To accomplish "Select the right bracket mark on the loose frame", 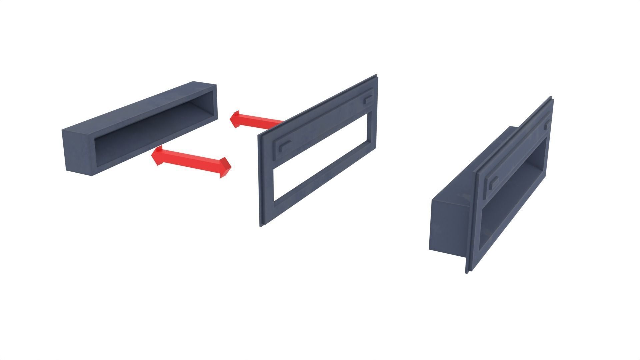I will point(368,99).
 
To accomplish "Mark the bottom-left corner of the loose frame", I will point(262,225).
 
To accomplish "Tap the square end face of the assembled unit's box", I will point(447,227).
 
